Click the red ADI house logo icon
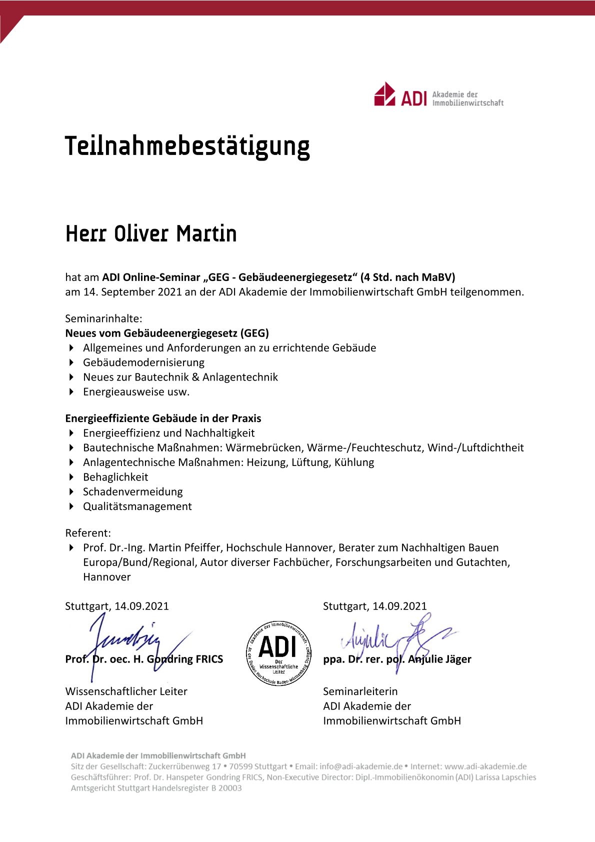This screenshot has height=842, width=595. (x=384, y=94)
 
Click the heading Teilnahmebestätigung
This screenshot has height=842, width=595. (x=187, y=146)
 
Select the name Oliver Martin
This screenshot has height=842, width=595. (x=175, y=234)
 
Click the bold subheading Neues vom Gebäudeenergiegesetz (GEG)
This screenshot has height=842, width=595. (x=167, y=333)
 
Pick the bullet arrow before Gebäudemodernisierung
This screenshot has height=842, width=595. (x=71, y=362)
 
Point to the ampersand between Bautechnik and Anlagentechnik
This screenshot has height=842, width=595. (x=195, y=377)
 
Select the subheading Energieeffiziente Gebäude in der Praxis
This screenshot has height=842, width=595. (x=163, y=418)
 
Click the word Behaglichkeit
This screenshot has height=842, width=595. (x=115, y=477)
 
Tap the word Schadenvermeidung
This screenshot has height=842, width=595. (x=133, y=491)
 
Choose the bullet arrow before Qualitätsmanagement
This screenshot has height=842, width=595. (x=71, y=506)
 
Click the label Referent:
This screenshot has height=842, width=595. (x=88, y=533)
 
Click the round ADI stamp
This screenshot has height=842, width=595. (x=279, y=653)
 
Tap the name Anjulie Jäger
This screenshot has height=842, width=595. (x=439, y=659)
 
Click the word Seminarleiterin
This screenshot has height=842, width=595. (x=360, y=691)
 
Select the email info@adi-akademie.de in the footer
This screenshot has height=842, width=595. (x=361, y=766)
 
